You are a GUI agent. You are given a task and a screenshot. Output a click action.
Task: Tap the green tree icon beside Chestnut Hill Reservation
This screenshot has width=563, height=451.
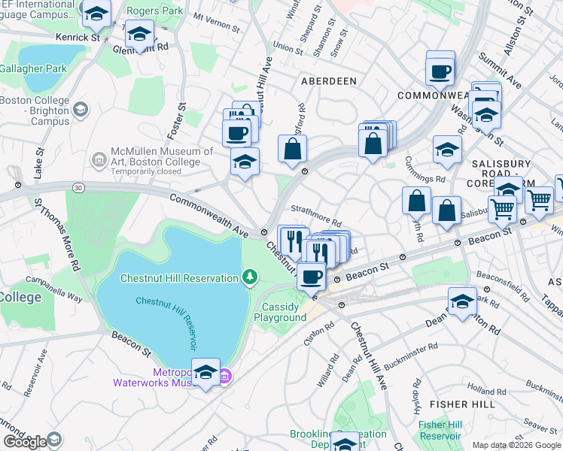tap(250, 278)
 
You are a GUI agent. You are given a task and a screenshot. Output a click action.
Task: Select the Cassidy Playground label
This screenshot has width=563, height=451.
tap(284, 312)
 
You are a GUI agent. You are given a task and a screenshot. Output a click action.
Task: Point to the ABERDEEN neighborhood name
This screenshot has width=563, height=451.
tap(328, 80)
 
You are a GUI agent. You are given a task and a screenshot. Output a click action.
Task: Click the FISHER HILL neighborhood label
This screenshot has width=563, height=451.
tap(467, 404)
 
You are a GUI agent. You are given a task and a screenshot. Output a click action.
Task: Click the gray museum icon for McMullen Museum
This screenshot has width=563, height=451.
tap(99, 159)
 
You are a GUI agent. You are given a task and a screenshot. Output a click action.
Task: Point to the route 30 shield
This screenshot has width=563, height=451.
tap(78, 186)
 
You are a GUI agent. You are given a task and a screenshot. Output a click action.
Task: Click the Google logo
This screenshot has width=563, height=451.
tap(25, 441)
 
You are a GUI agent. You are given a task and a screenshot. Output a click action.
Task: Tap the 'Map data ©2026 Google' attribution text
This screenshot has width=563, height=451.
tap(517, 445)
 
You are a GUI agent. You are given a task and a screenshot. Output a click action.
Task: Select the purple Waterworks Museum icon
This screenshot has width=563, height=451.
tap(224, 377)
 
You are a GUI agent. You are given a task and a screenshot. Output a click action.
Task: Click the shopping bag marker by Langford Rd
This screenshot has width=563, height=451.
tap(292, 150)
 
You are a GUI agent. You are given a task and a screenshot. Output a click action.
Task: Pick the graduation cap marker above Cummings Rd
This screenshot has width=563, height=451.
tap(447, 150)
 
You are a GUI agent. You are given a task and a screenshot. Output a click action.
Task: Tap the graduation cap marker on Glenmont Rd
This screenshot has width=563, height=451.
tap(139, 34)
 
